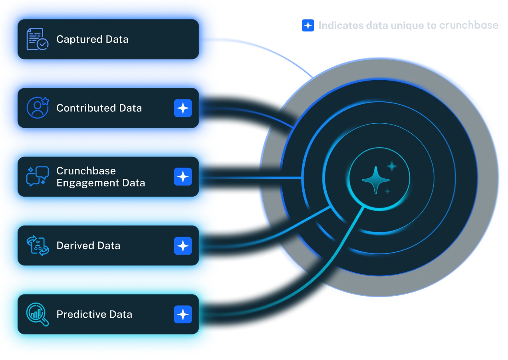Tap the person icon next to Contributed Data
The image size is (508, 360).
(x=38, y=108)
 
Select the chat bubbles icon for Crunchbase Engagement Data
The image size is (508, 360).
(x=38, y=176)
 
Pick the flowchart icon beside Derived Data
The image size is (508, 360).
(x=38, y=245)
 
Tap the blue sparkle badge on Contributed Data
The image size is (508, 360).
(x=183, y=108)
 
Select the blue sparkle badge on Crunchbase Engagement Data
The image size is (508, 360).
(x=183, y=177)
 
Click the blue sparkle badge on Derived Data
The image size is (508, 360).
(x=183, y=245)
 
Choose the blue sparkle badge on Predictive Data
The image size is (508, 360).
(x=183, y=315)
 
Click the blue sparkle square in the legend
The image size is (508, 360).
(x=308, y=26)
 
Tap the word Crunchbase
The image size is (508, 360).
(x=86, y=171)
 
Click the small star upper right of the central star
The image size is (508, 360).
(x=392, y=166)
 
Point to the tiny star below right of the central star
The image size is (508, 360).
(x=387, y=192)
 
